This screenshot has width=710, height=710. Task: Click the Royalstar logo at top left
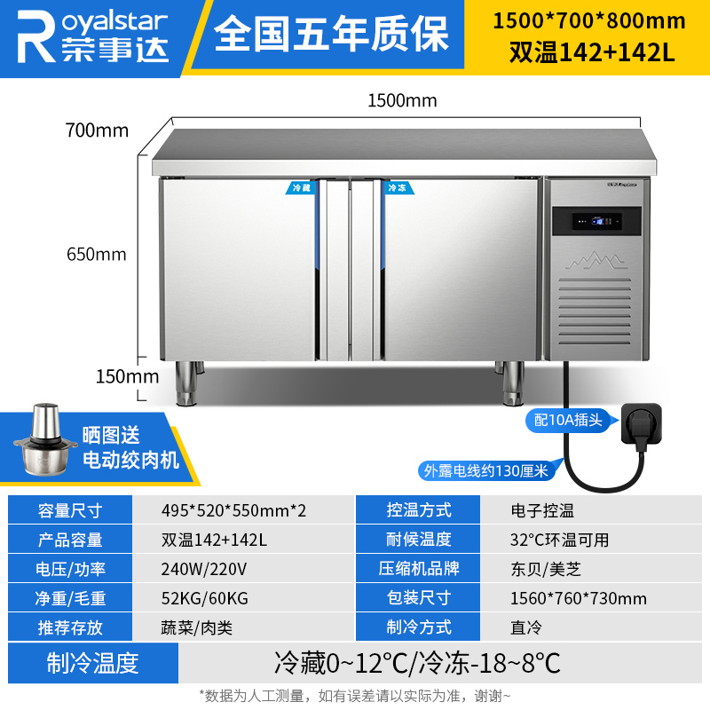point(93,36)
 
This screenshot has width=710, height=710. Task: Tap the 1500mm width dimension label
point(402,100)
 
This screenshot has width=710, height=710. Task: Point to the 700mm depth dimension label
point(97,130)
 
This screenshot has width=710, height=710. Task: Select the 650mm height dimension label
point(97,254)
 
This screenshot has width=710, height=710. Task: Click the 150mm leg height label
point(127,376)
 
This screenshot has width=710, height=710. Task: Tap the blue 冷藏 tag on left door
point(301,187)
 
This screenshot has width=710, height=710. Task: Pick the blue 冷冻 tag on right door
point(398,187)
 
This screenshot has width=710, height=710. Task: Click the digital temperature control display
point(596,221)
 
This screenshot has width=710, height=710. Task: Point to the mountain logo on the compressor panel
point(595,261)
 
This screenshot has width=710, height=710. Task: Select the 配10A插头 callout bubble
point(569,420)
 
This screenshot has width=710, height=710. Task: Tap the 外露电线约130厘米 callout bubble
point(485,471)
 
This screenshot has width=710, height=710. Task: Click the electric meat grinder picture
point(40,439)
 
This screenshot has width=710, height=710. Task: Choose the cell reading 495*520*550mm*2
point(233,511)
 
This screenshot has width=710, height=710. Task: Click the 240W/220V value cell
point(204,569)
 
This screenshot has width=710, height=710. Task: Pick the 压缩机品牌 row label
point(418,569)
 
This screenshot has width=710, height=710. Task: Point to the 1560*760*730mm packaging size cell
point(579,598)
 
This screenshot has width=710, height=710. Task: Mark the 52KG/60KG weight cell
point(205,598)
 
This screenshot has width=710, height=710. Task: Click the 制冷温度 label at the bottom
point(93,663)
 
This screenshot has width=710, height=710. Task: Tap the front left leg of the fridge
point(185,383)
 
